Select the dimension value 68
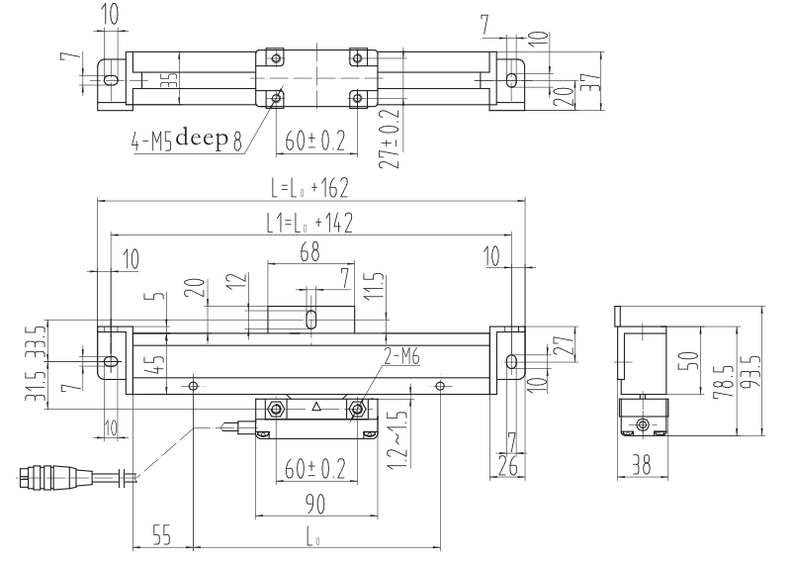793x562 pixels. pos(309,254)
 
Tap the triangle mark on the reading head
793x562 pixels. pos(315,406)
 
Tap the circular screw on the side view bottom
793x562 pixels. pos(644,424)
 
